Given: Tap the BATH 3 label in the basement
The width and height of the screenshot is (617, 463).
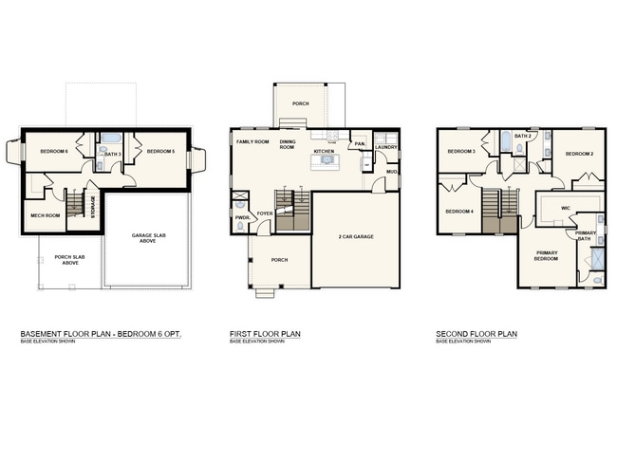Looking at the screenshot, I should (112, 154).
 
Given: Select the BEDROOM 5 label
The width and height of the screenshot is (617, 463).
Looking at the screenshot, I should (161, 152).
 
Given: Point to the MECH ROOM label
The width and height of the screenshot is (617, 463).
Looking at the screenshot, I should (45, 215).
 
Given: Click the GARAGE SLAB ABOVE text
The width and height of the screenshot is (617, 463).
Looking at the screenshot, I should (148, 237).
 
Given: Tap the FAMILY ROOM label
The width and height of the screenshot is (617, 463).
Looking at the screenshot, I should (252, 141).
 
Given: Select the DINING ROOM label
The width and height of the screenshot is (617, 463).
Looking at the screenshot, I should (287, 144).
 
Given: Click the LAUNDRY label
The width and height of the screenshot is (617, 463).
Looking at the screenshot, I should (385, 147).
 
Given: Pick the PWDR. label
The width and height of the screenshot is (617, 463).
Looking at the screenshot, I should (242, 216).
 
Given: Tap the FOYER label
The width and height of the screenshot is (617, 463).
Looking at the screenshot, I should (265, 213).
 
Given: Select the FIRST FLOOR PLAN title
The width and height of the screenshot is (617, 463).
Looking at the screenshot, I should (265, 335).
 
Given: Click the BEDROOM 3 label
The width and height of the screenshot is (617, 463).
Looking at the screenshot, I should (461, 152).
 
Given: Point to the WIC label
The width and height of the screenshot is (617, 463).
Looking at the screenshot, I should (565, 207).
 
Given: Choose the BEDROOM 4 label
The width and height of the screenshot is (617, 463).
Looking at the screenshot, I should (460, 211).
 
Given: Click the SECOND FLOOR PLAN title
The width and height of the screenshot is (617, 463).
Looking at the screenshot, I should (477, 335).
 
